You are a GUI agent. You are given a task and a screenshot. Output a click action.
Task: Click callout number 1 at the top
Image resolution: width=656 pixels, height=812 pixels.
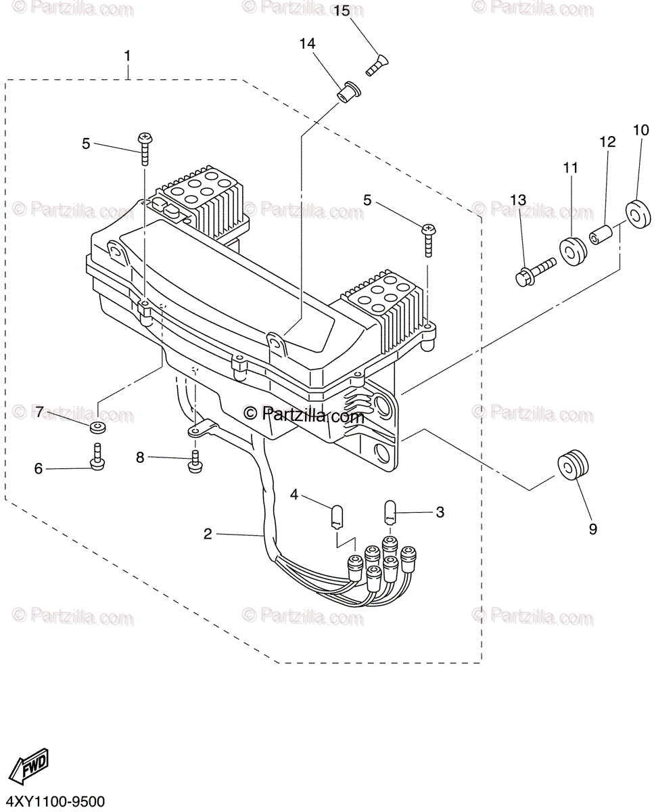point(128,55)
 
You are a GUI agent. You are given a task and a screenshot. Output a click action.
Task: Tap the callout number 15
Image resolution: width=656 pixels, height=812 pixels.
point(341,12)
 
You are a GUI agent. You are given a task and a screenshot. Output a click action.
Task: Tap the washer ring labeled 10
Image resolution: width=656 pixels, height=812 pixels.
point(637,212)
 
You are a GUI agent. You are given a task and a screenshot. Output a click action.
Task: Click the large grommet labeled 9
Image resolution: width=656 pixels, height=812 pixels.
point(573,466)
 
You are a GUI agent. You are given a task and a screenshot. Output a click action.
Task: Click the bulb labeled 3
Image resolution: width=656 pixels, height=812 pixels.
point(390,511)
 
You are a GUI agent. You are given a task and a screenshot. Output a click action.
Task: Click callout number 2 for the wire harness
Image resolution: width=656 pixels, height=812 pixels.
point(208,535)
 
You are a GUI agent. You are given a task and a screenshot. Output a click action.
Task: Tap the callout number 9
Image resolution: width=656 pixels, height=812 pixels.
point(592,529)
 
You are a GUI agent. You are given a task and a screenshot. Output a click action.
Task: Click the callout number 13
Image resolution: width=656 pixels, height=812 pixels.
point(517,200)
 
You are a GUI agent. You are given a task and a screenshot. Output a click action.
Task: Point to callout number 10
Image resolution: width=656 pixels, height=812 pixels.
point(640,129)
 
